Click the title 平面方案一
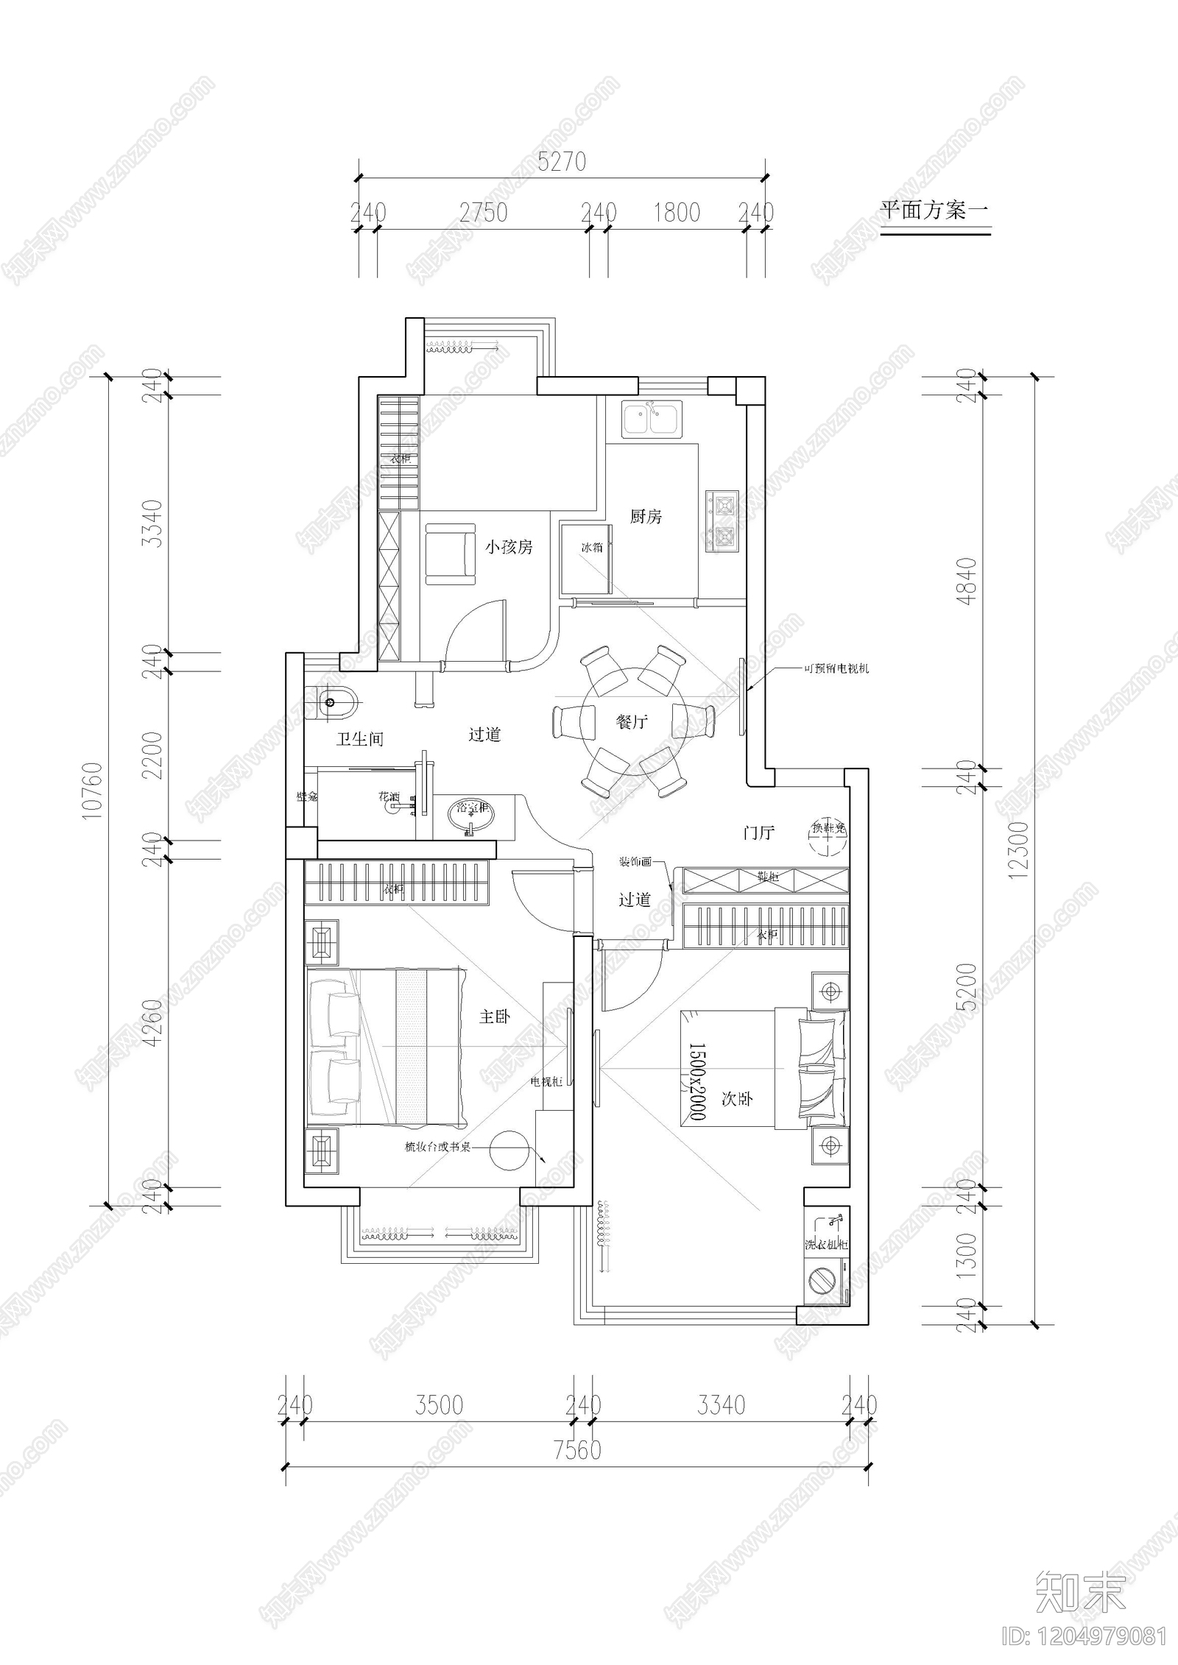click(934, 211)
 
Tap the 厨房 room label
click(646, 517)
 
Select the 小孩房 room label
click(508, 547)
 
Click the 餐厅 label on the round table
click(632, 721)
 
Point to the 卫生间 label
click(360, 739)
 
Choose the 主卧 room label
click(494, 1017)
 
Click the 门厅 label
click(758, 833)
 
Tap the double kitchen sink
click(652, 420)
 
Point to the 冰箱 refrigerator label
click(592, 547)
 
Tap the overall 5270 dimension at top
click(562, 162)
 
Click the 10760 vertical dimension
click(94, 792)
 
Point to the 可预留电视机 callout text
click(836, 669)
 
